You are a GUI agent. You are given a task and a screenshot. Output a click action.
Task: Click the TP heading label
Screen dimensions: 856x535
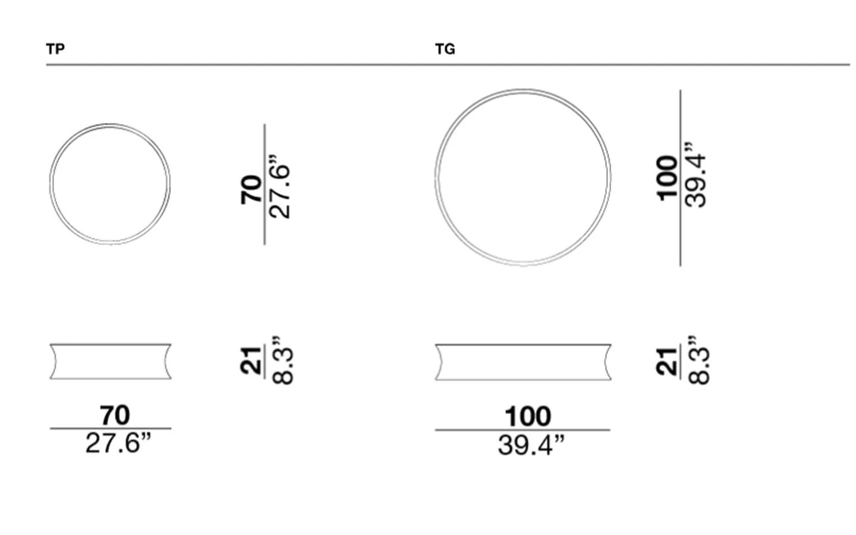coord(55,49)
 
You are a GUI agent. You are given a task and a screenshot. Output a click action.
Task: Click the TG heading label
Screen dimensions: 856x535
coord(445,49)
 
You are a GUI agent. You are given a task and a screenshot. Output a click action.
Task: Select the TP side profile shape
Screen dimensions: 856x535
coord(111,344)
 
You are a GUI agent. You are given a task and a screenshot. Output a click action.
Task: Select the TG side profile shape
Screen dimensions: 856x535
coord(523,345)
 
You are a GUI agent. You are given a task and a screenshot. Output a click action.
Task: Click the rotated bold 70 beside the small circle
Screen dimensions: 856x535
coord(251,190)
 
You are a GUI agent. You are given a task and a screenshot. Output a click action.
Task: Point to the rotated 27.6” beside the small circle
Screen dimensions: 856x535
coord(279,187)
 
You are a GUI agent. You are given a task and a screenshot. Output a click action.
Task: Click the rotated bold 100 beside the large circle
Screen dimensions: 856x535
coord(666,178)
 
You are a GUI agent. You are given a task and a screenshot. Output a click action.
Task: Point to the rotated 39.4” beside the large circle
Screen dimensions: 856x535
coord(695,175)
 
